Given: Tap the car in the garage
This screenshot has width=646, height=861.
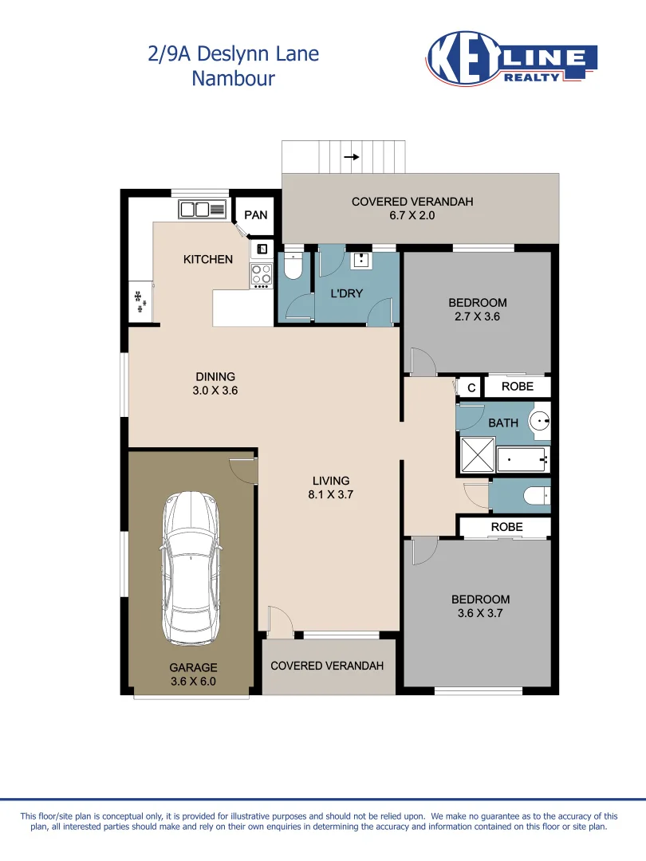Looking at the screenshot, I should point(191,568).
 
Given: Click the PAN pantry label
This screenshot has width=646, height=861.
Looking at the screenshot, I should point(256,215).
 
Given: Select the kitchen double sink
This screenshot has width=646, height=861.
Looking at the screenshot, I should point(203,210).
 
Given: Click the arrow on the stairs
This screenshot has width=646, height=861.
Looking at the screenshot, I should point(351,157).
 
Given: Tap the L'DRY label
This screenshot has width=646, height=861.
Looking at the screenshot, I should point(346,293).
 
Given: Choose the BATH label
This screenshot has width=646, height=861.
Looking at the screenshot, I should point(502,423).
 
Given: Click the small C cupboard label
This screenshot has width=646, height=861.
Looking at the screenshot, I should point(471,388).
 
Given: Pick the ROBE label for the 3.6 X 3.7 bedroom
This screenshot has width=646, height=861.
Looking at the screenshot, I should point(506,527).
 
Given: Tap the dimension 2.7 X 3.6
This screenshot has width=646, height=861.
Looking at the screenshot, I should point(478,316).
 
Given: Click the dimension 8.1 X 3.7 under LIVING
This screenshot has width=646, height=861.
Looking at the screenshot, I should point(331,494).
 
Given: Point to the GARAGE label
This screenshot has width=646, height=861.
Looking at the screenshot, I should point(193,667).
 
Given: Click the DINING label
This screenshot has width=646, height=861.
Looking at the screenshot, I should point(215,377).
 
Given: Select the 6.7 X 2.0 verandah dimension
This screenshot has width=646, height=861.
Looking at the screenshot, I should point(412,215).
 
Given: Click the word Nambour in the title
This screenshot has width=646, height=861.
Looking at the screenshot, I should point(233,78).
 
